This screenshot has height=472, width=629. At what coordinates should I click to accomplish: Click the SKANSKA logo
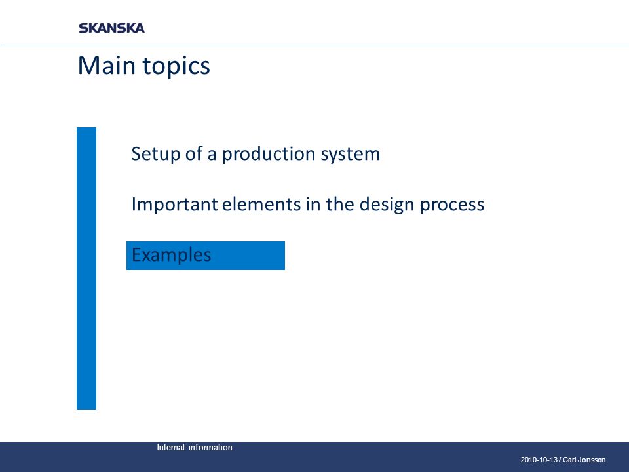(x=111, y=28)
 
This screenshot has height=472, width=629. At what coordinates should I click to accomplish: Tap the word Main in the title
(x=106, y=65)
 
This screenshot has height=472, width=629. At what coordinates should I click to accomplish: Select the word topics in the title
(x=176, y=66)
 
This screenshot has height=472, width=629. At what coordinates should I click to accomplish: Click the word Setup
(x=155, y=154)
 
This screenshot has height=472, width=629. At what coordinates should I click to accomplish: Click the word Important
(x=174, y=205)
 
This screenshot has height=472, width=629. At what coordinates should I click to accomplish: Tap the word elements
(x=261, y=204)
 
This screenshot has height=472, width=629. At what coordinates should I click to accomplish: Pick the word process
(x=452, y=205)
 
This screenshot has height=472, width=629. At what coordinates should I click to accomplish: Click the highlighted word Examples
(x=171, y=255)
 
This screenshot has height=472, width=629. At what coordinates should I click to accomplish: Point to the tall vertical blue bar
(x=86, y=268)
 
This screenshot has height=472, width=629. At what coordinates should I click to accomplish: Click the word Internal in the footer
(x=170, y=448)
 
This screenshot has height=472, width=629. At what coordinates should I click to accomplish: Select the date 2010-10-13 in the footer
(x=539, y=460)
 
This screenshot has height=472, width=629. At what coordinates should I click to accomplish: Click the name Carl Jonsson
(x=584, y=460)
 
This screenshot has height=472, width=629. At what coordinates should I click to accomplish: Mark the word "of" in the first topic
(x=194, y=153)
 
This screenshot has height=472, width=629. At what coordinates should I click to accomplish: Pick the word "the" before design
(x=340, y=204)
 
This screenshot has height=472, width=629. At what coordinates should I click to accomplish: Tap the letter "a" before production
(x=212, y=155)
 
